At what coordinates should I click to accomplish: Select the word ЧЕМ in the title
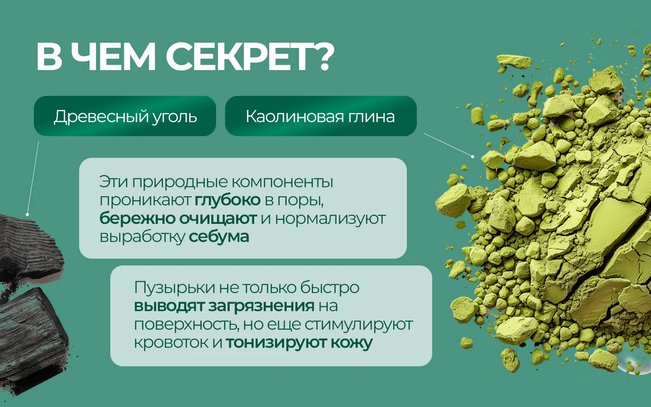[x=113, y=57]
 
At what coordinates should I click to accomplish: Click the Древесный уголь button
[x=125, y=116]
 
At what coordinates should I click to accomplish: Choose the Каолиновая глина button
[x=321, y=116]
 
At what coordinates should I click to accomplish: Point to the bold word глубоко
[x=227, y=200]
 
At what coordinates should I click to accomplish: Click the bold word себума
[x=219, y=237]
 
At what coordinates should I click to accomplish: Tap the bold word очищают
[x=218, y=218]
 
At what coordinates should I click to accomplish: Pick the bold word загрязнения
[x=261, y=306]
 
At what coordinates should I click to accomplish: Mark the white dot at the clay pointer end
[x=472, y=156]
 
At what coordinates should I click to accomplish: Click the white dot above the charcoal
[x=27, y=214]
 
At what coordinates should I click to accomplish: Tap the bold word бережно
[x=137, y=218]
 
